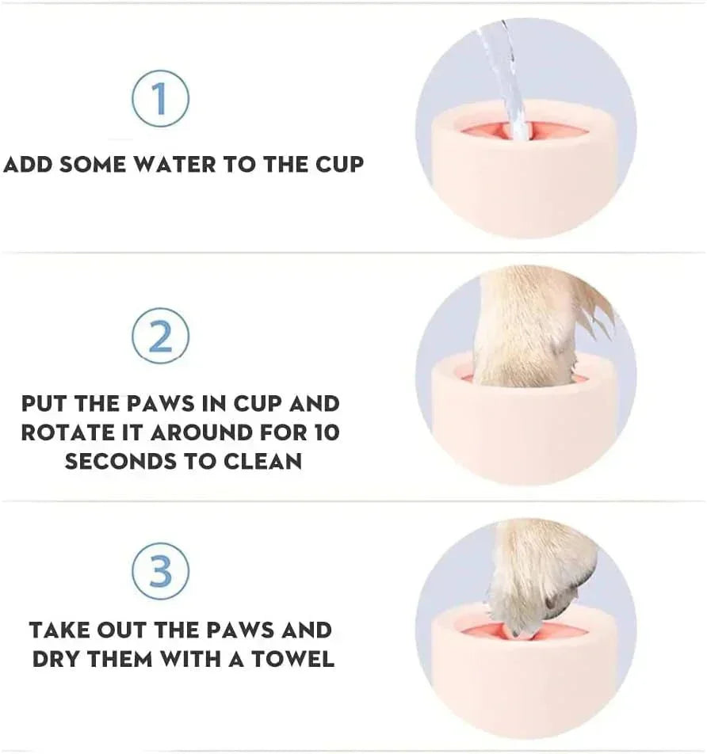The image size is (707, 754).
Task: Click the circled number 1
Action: pyautogui.click(x=160, y=99)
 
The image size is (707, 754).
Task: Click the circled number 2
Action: pyautogui.click(x=160, y=337)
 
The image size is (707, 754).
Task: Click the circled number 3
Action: pyautogui.click(x=160, y=571)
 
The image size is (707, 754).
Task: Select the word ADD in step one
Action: pyautogui.click(x=28, y=165)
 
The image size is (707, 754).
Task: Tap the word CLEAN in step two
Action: pyautogui.click(x=260, y=462)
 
